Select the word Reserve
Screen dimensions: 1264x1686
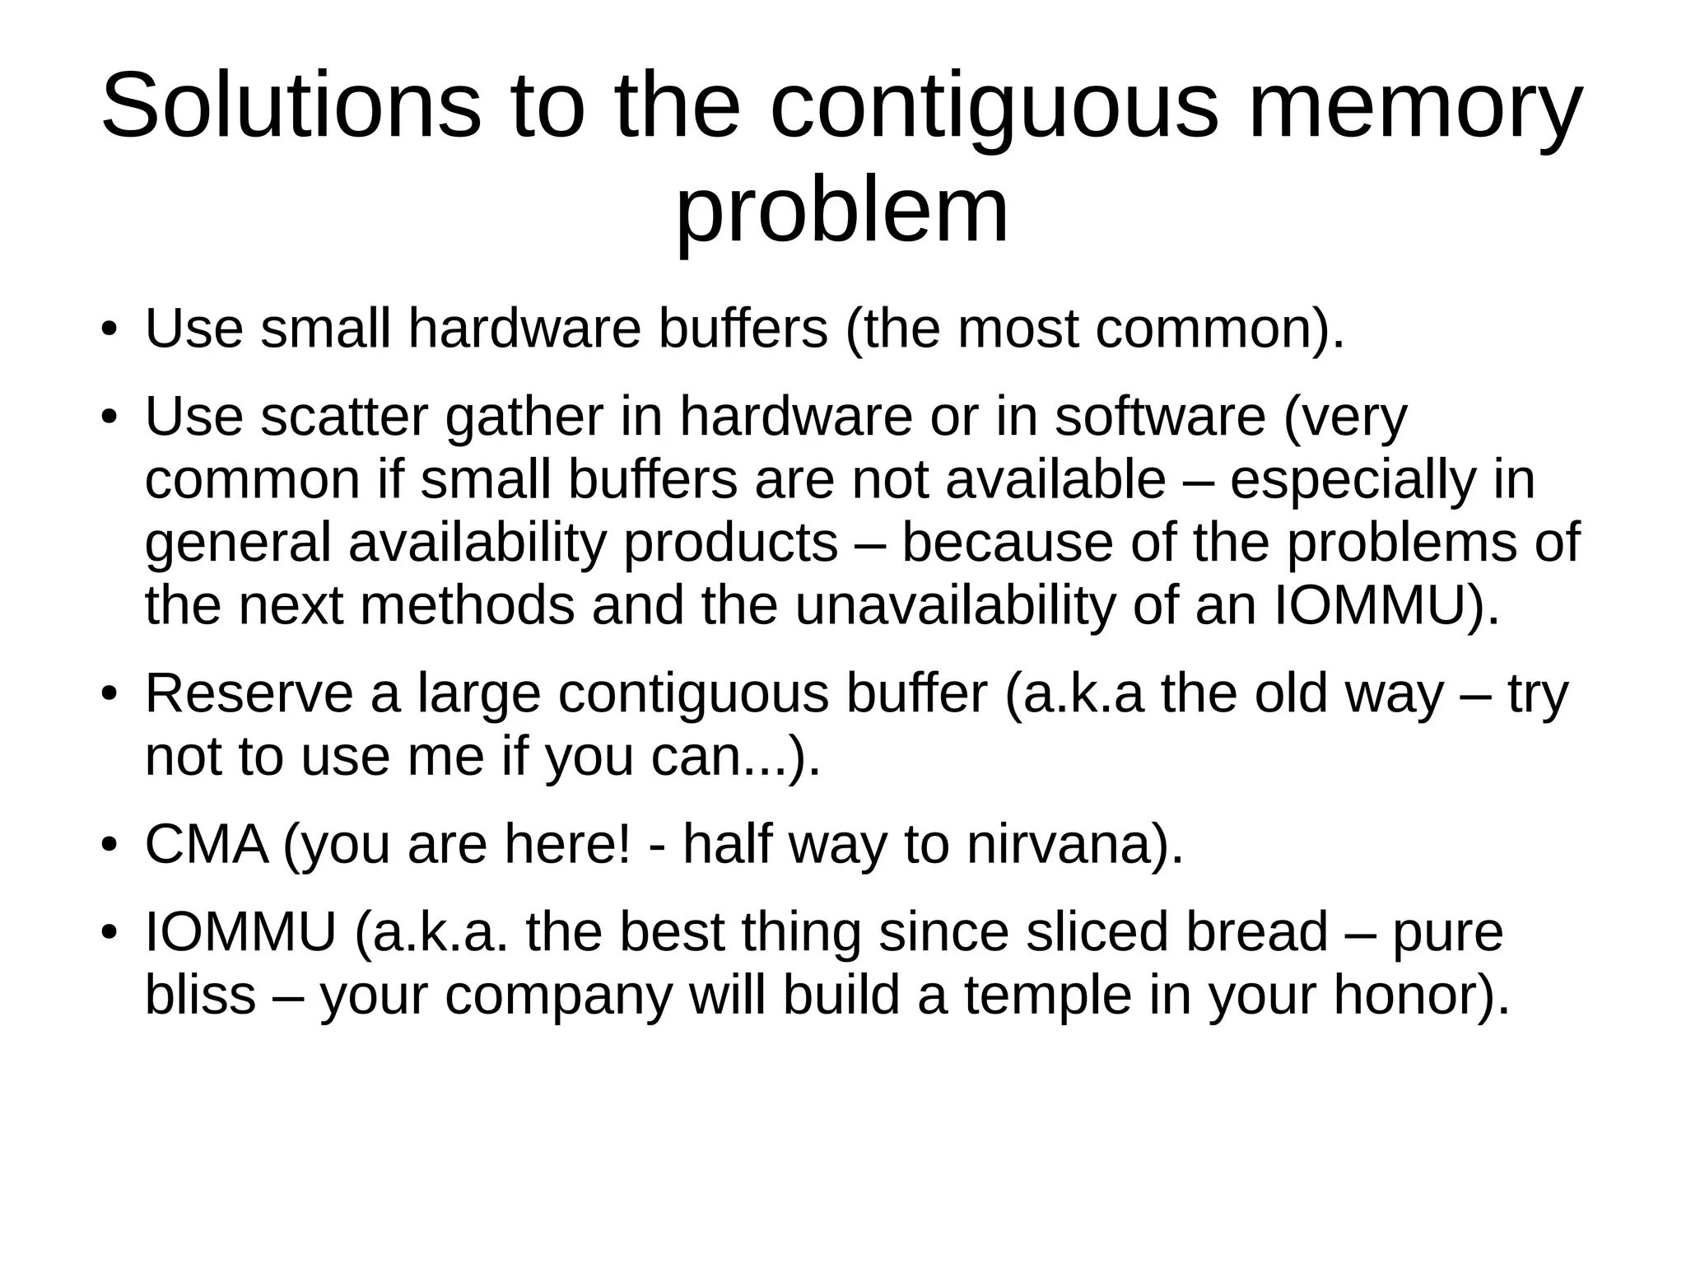click(x=249, y=693)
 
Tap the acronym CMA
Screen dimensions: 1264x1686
click(x=207, y=844)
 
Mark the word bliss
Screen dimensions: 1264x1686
click(x=200, y=995)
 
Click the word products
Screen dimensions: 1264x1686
click(x=731, y=543)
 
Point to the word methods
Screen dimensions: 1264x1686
click(x=466, y=606)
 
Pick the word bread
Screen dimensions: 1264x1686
click(x=1258, y=932)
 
